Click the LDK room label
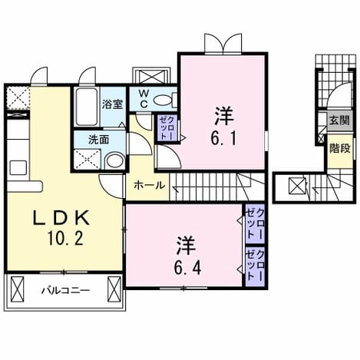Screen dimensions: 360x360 61,218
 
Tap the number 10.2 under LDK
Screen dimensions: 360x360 65,239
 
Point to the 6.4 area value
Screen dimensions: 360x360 187,268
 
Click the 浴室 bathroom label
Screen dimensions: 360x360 113,104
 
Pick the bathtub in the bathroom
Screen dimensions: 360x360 87,107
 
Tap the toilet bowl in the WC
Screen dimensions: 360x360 163,100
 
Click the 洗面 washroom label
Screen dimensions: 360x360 99,140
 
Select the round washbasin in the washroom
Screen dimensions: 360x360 114,160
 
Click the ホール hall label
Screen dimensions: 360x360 150,185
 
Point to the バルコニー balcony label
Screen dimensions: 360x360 66,291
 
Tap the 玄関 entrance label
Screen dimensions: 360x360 339,120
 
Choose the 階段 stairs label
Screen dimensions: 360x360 340,148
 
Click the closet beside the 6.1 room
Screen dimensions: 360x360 167,127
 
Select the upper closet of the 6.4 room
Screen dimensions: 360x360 255,224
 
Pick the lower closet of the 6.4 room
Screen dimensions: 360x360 255,266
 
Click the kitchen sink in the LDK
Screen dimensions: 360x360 18,168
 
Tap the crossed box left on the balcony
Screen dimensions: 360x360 18,289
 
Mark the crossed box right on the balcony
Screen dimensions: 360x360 114,289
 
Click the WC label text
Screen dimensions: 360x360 144,98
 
